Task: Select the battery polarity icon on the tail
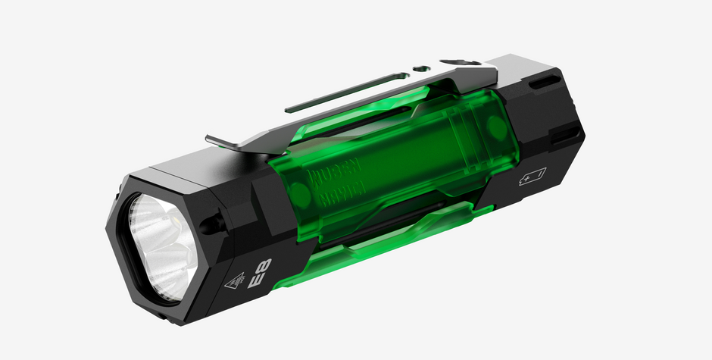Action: click(x=532, y=179)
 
